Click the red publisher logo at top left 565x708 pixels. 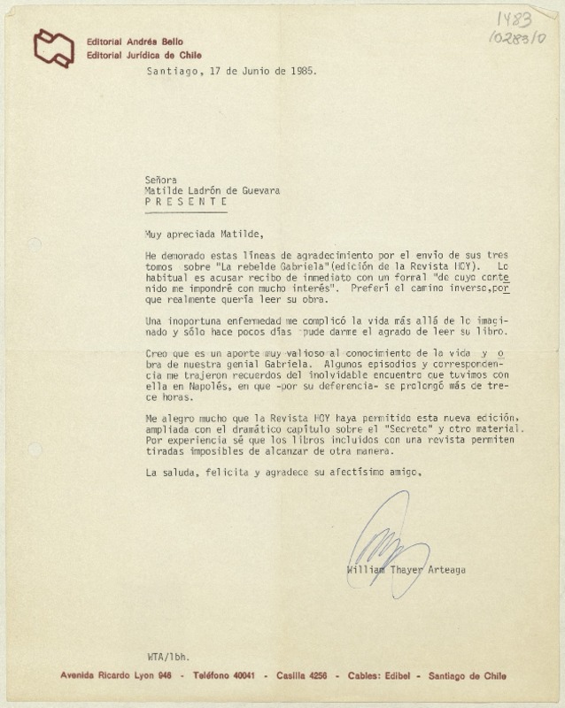(52, 47)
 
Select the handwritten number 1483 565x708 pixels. (514, 22)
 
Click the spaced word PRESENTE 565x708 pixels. (186, 201)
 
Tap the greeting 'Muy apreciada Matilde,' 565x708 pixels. (203, 234)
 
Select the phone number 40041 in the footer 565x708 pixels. (243, 675)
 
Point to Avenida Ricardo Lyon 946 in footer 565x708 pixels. (115, 675)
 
